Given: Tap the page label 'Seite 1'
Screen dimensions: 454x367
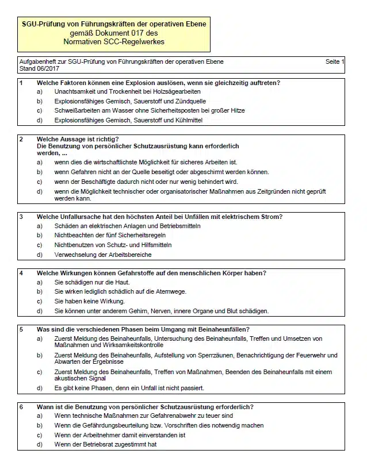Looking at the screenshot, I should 335,61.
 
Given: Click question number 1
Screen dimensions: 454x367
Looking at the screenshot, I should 21,83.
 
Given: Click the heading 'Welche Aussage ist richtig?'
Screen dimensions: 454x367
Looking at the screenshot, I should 78,139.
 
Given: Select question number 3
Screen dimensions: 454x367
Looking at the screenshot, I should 21,217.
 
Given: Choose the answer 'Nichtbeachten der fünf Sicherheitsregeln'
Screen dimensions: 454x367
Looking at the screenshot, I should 110,236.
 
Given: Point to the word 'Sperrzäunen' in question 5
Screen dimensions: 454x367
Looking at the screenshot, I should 215,355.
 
